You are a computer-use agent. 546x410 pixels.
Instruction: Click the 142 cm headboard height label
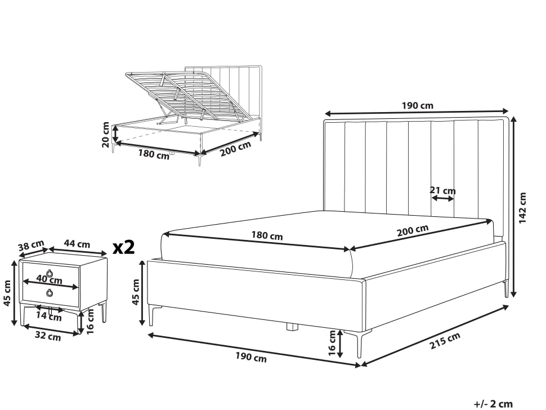(523, 208)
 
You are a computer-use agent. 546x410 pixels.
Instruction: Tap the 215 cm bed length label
(445, 340)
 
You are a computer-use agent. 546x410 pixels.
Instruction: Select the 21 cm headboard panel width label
(442, 190)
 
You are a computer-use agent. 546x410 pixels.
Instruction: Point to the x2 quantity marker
(124, 247)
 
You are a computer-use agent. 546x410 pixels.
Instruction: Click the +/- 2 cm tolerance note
(494, 404)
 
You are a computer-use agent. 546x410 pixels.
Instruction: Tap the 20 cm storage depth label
(105, 135)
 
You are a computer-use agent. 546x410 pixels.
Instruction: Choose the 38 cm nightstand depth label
(32, 245)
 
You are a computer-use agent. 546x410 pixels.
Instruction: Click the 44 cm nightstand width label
(77, 243)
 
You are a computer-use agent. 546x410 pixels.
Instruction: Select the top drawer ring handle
(50, 273)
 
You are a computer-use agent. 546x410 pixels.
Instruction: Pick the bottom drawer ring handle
(50, 293)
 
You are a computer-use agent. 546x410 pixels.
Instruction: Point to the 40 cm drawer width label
(50, 279)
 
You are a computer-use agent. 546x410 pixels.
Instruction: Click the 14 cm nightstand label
(49, 317)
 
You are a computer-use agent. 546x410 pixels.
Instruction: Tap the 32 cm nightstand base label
(48, 336)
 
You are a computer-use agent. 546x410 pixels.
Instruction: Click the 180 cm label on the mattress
(267, 236)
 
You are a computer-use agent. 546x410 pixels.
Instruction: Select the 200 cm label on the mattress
(413, 230)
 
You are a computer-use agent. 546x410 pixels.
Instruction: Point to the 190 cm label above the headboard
(418, 105)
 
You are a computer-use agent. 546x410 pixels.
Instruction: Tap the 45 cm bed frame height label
(136, 292)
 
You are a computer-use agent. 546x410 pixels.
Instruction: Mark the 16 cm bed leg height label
(332, 343)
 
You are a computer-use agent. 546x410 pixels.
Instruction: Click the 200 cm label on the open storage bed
(235, 149)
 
